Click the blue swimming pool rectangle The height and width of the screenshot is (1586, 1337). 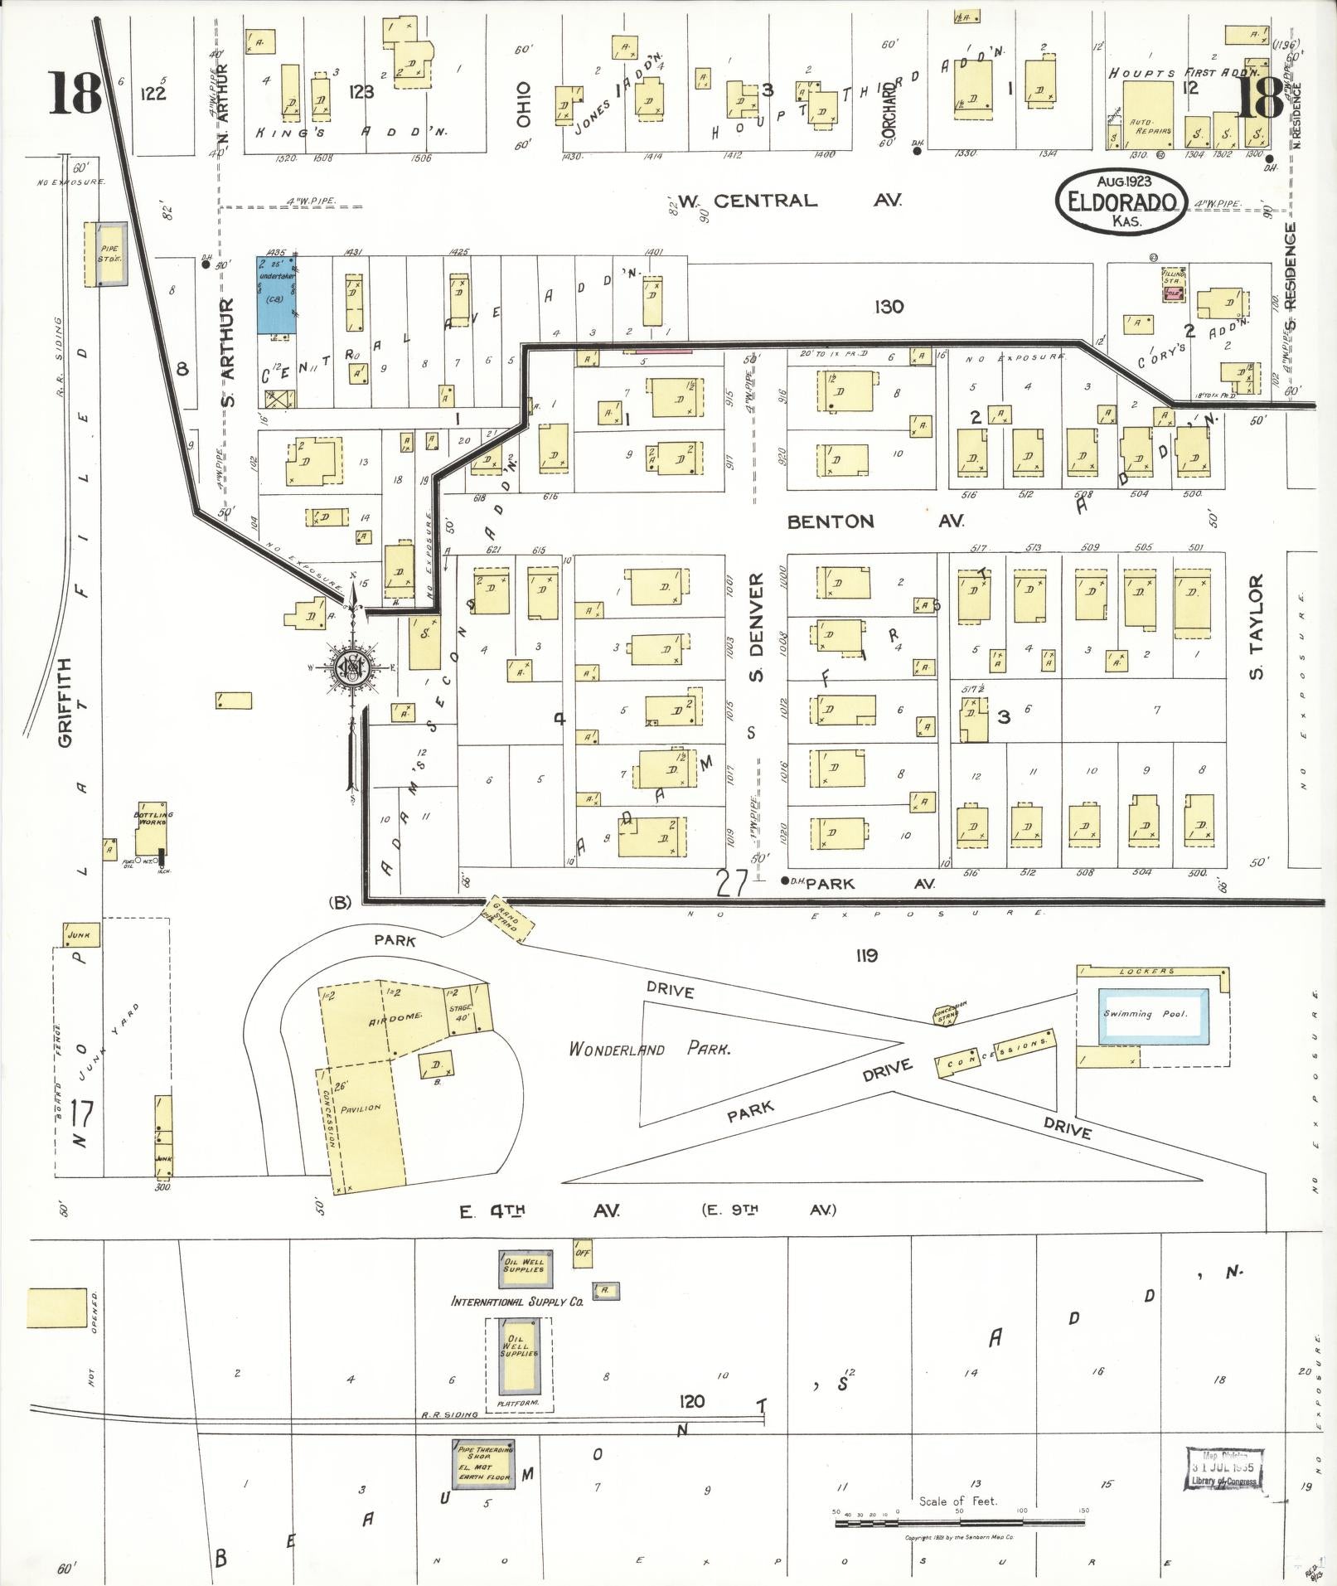(x=1152, y=1015)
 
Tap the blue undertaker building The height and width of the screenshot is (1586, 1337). (x=277, y=296)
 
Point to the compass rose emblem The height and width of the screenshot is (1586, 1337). (x=353, y=667)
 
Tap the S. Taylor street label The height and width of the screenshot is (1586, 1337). (x=1257, y=627)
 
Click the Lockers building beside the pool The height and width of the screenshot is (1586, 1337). (x=1152, y=971)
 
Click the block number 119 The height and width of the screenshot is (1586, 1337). (x=866, y=956)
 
